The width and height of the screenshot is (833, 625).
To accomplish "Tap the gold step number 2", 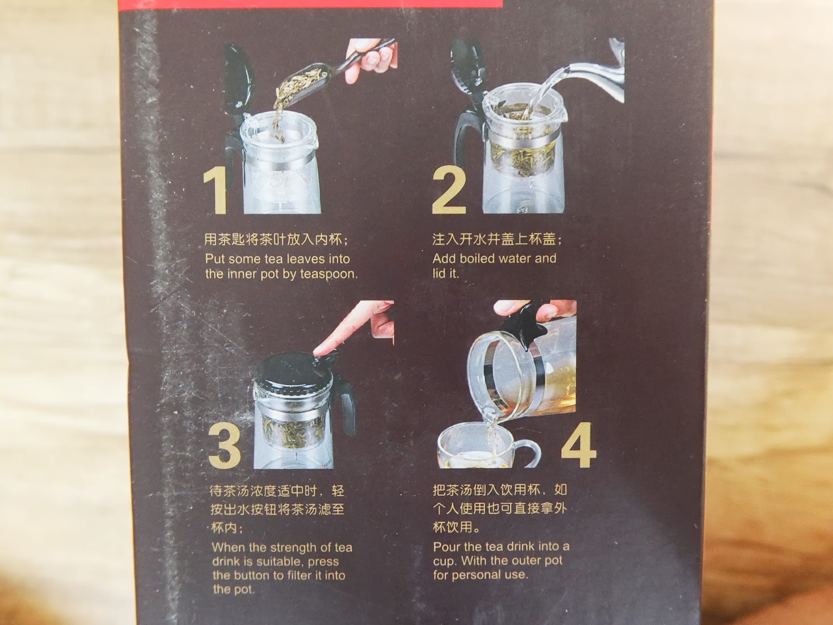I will click(448, 191).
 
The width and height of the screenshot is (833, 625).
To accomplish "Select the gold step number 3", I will click(224, 445).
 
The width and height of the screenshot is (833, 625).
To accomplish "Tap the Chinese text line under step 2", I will click(497, 239).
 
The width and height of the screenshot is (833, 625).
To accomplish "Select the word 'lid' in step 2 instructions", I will click(439, 273).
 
